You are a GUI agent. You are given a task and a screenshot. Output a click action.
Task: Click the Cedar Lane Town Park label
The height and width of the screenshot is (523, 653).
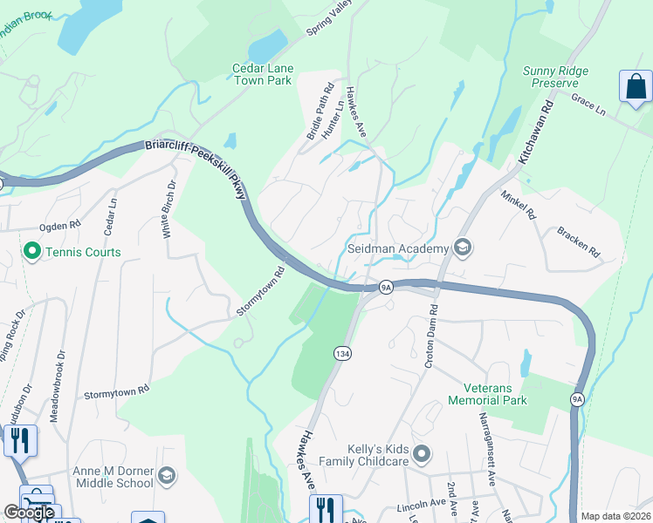click(x=263, y=74)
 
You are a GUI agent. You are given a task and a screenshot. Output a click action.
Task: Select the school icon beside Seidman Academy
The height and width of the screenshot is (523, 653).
click(x=462, y=248)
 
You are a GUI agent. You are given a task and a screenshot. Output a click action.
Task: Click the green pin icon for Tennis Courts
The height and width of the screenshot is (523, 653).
click(x=33, y=253)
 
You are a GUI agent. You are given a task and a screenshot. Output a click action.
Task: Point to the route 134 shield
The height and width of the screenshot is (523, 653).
click(x=341, y=353)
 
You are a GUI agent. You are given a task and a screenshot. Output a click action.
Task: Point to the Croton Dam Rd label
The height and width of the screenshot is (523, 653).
click(x=430, y=336)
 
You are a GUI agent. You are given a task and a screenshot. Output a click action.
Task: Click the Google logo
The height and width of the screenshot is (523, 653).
click(x=29, y=513)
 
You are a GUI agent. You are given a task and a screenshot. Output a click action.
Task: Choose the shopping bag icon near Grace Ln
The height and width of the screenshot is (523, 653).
click(x=636, y=87)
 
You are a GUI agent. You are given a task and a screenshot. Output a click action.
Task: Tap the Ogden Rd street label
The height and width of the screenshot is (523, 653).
click(x=60, y=225)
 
